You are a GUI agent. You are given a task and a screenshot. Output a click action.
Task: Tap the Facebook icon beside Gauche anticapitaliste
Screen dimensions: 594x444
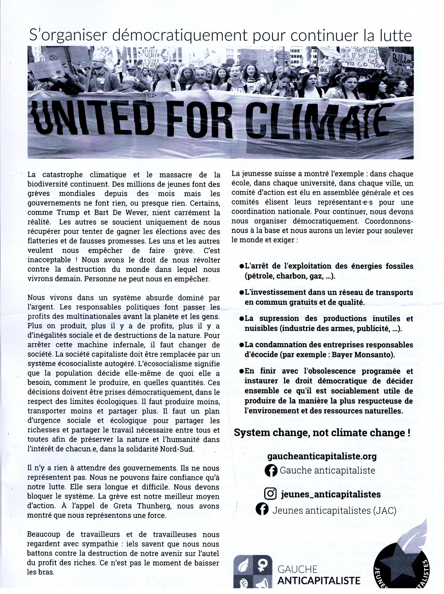click(x=271, y=470)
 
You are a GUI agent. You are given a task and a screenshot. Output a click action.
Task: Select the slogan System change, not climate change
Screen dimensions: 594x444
click(x=322, y=433)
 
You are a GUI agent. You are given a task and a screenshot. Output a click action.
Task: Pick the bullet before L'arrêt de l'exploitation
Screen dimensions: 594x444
click(x=242, y=266)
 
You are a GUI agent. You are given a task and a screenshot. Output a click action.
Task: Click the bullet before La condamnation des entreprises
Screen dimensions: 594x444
click(x=242, y=345)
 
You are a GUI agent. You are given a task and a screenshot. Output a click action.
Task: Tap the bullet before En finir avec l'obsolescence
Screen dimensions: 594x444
click(x=242, y=371)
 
